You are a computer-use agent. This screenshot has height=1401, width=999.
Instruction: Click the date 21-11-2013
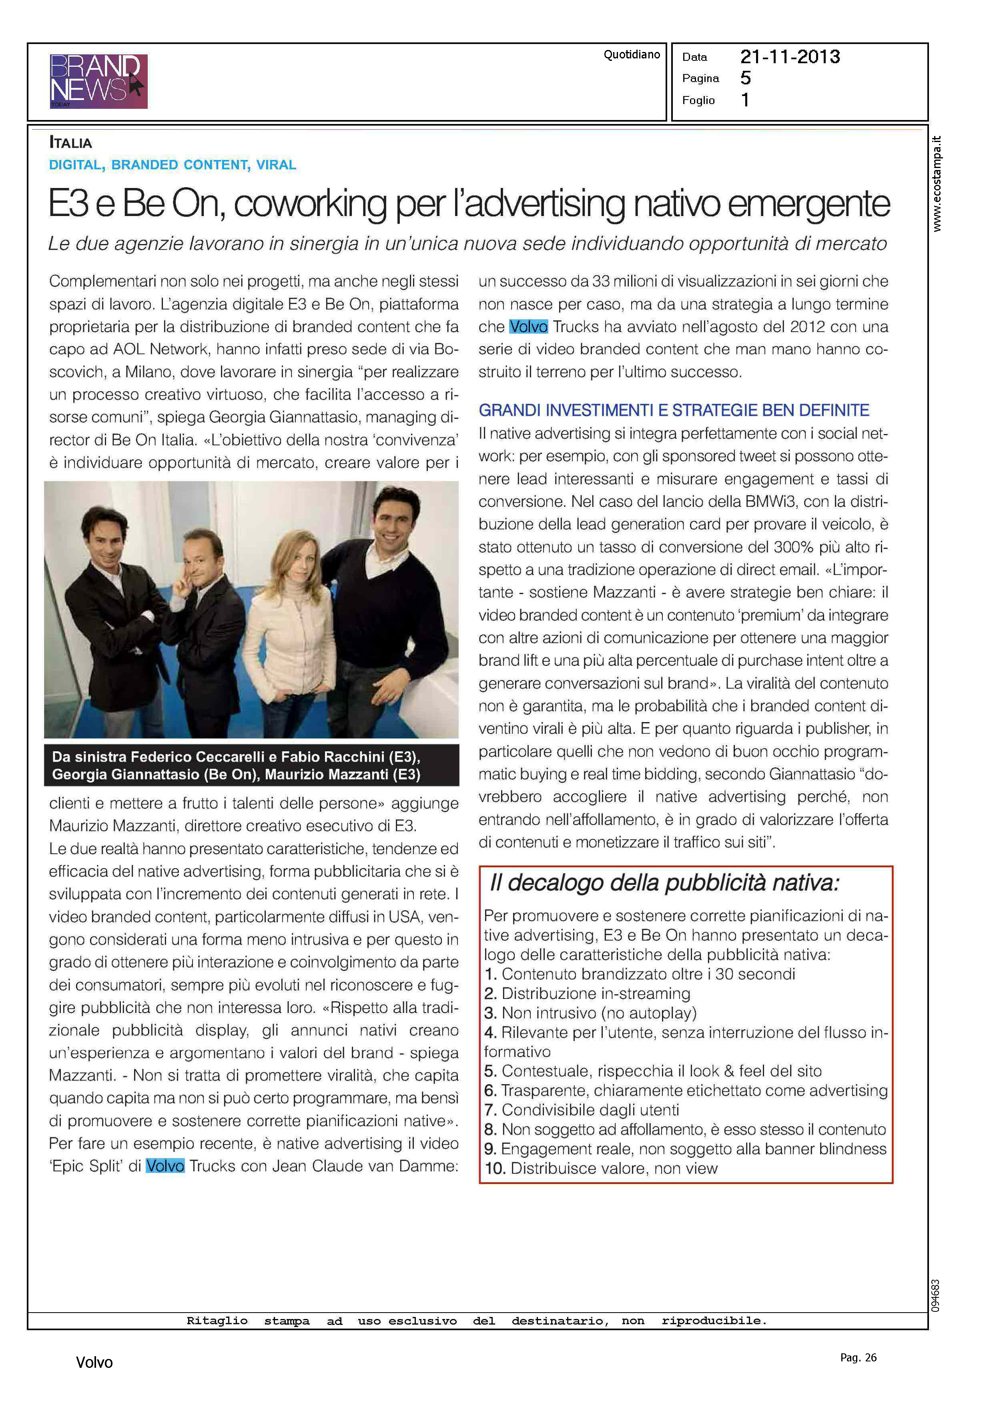coord(790,57)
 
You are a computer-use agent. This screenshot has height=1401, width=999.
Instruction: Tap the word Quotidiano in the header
coord(631,55)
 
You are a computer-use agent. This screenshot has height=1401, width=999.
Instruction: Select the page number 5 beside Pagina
coord(746,78)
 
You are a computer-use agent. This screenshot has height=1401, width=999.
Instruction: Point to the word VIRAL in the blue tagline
coord(276,165)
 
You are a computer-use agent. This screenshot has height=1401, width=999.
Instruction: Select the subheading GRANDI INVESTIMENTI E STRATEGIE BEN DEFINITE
coord(674,410)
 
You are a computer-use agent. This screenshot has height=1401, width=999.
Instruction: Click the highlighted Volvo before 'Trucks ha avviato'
coord(528,326)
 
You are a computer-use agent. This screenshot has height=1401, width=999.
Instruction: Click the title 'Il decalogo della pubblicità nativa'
coord(664,883)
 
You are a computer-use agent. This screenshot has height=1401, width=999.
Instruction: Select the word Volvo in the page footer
coord(94,1362)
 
